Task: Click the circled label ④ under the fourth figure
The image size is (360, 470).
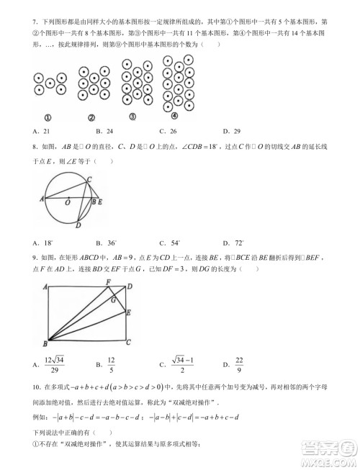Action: [x=174, y=116]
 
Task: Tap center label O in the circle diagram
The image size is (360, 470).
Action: [x=67, y=203]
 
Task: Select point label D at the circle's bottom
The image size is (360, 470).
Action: [x=78, y=226]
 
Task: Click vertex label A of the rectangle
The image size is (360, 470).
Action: [x=45, y=286]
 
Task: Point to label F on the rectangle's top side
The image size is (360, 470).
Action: [x=107, y=281]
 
